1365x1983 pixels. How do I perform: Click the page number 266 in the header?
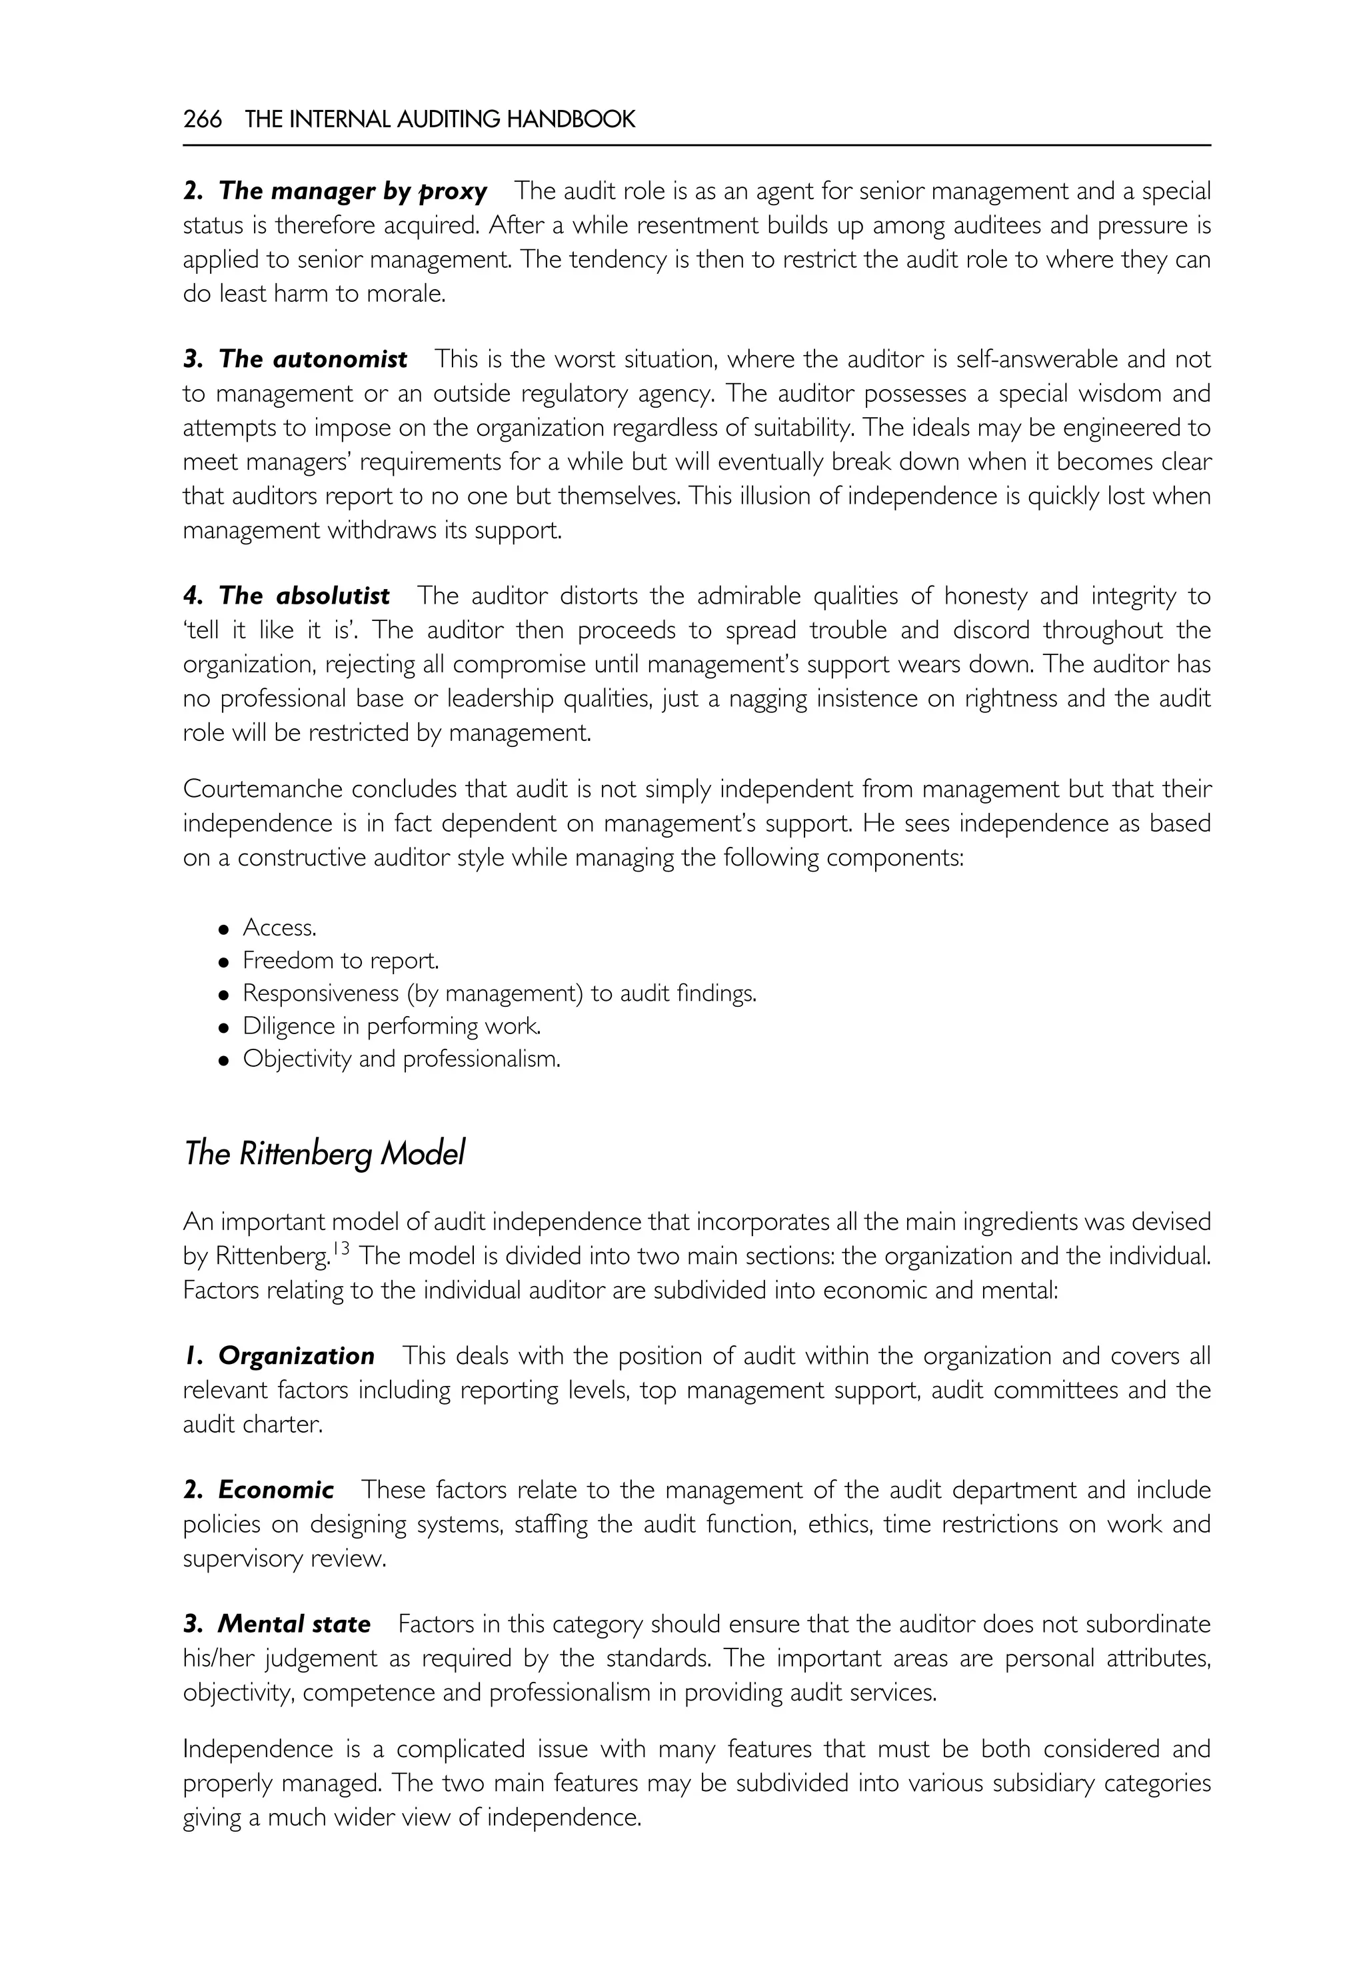point(202,120)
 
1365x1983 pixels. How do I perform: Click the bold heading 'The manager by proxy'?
point(353,191)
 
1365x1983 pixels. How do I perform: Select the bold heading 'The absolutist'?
point(305,595)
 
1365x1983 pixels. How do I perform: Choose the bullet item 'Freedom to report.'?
point(341,960)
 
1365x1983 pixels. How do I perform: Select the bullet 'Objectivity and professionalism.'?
point(401,1059)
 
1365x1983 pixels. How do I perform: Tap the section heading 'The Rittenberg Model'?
point(324,1154)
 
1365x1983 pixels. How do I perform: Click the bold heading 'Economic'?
point(275,1490)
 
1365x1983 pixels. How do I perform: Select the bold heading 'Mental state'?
point(293,1624)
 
